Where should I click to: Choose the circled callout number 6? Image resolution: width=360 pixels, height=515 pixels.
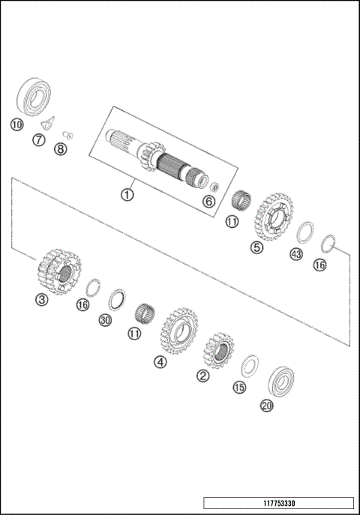pyautogui.click(x=208, y=201)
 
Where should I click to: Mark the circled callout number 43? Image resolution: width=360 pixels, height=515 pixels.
pyautogui.click(x=296, y=255)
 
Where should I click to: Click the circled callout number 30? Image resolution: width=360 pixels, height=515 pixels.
pyautogui.click(x=106, y=320)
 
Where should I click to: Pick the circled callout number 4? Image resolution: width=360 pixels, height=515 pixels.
pyautogui.click(x=160, y=362)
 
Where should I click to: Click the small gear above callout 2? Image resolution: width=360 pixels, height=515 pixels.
pyautogui.click(x=218, y=350)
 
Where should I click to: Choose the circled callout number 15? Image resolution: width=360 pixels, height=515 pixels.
pyautogui.click(x=239, y=388)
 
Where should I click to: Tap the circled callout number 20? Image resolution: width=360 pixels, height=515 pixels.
pyautogui.click(x=266, y=406)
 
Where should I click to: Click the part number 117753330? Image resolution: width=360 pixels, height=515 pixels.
pyautogui.click(x=277, y=503)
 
